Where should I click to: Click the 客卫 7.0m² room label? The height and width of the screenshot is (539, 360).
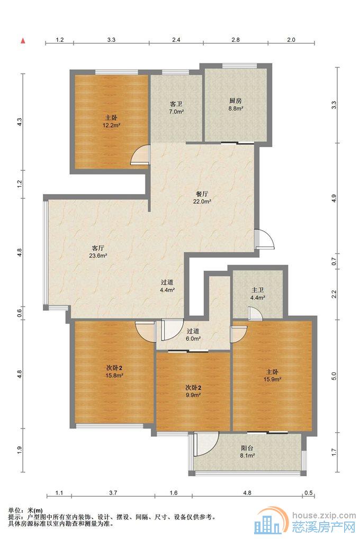click(176, 107)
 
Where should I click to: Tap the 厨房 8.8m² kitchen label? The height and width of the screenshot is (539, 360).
click(236, 105)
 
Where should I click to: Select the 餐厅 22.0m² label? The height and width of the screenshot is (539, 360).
click(202, 198)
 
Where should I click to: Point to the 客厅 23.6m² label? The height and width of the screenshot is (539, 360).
click(98, 251)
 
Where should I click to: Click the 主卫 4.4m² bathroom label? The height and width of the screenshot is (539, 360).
click(257, 294)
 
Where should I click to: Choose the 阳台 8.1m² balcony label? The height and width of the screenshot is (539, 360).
click(247, 452)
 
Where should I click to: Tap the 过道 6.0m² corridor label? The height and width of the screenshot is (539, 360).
click(193, 335)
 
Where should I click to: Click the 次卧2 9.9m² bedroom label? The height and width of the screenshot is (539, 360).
click(193, 391)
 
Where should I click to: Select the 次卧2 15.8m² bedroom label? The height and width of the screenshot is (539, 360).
click(114, 372)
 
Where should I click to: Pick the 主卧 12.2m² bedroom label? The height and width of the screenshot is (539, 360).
click(111, 122)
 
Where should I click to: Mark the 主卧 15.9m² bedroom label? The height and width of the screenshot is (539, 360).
click(272, 376)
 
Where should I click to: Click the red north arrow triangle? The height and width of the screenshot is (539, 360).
click(23, 41)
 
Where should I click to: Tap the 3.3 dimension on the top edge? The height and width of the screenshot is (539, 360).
click(111, 40)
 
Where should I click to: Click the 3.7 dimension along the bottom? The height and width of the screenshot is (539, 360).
click(113, 492)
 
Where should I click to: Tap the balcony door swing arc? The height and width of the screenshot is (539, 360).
click(206, 444)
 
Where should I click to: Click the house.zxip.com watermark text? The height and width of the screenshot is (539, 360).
click(324, 515)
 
